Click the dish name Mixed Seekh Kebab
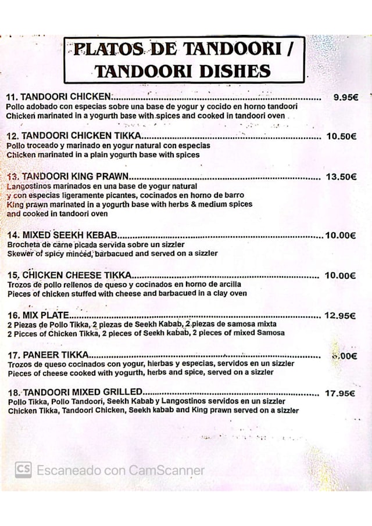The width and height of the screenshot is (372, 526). (70, 235)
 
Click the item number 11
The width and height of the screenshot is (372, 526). (12, 98)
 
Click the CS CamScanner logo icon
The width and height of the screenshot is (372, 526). (23, 470)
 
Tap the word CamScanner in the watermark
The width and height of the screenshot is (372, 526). (167, 470)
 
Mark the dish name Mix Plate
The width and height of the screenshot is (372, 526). (46, 315)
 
